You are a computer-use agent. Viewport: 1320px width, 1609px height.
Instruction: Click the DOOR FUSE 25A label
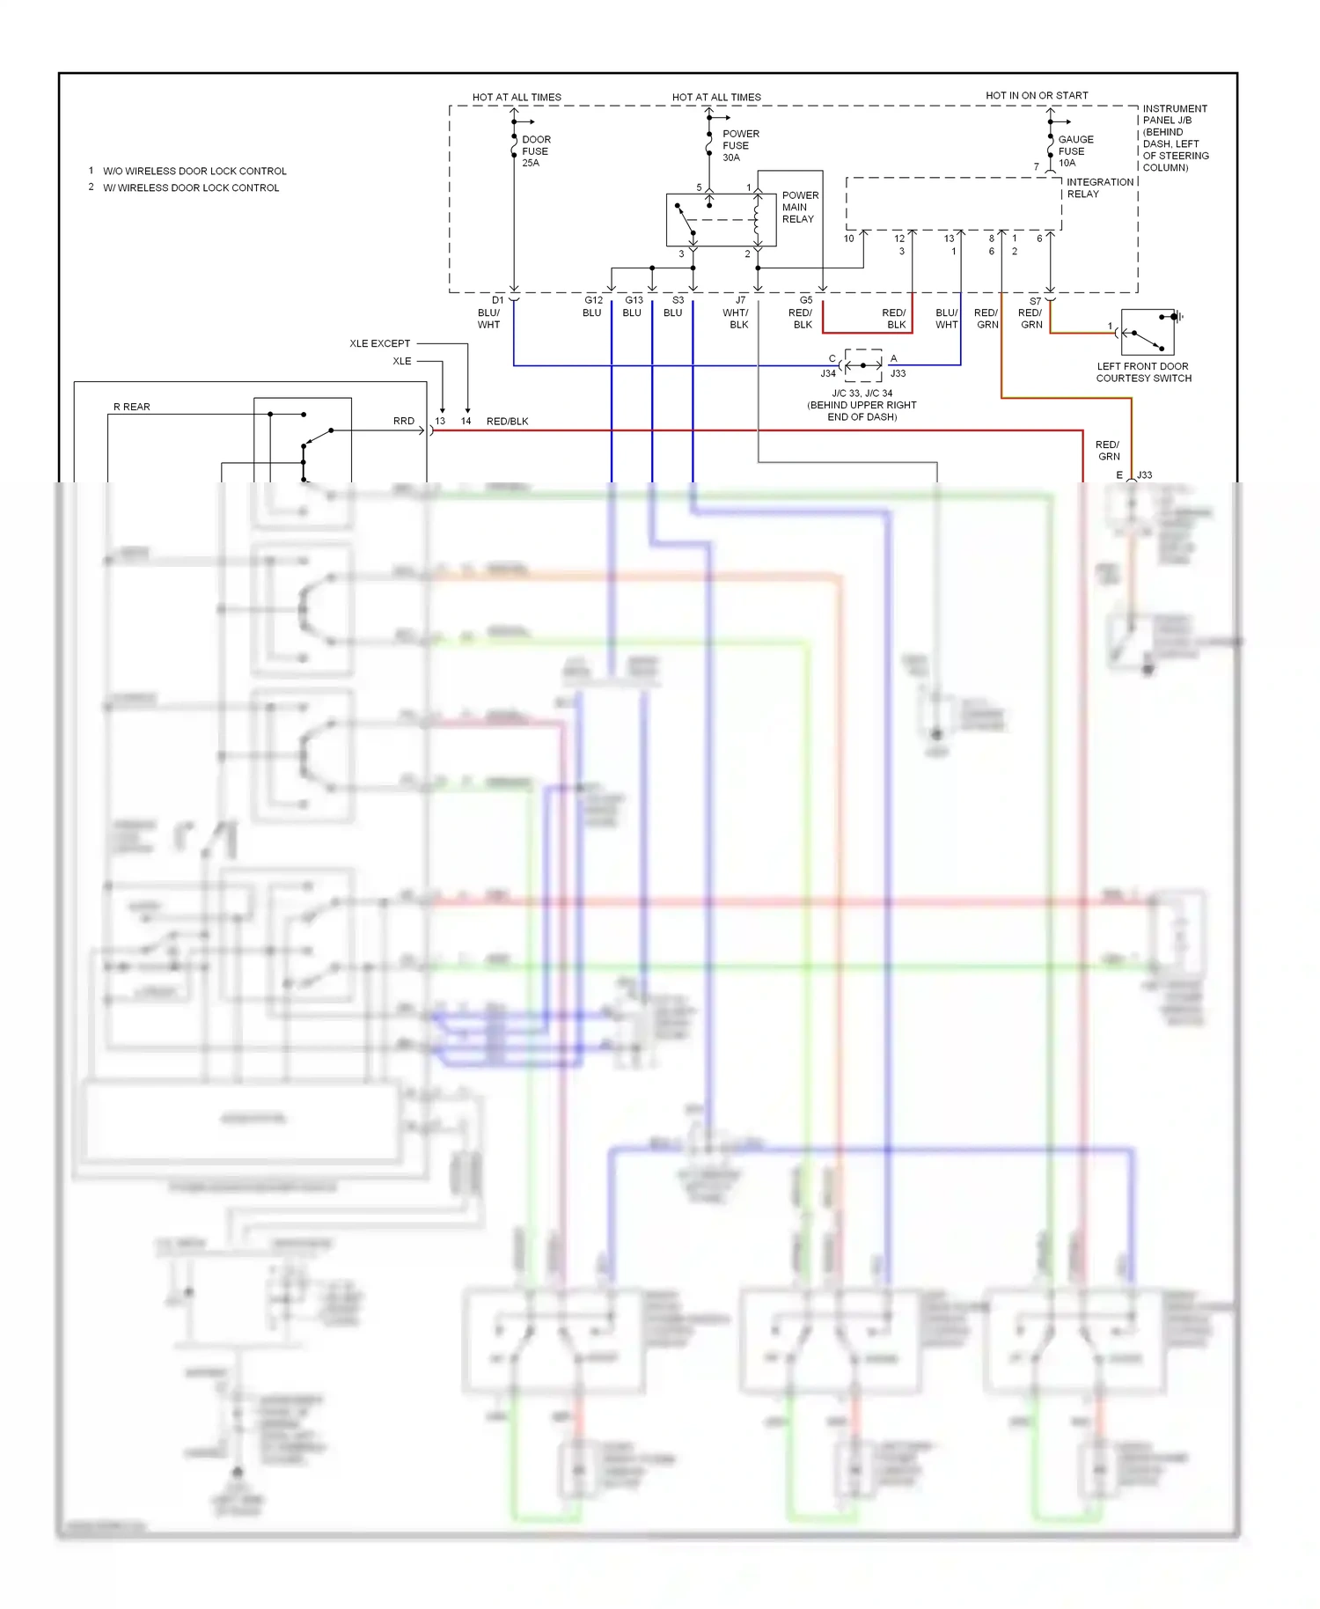[x=536, y=151]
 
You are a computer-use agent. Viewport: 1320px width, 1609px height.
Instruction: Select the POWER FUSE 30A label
[x=740, y=146]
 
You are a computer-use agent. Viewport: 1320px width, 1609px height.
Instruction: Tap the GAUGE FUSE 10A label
[x=1075, y=151]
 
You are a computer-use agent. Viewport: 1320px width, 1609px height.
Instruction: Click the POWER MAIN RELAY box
[x=721, y=220]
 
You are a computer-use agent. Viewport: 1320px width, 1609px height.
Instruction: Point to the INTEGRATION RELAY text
[x=1099, y=187]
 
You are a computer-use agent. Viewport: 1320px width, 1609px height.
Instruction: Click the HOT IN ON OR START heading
[x=1037, y=95]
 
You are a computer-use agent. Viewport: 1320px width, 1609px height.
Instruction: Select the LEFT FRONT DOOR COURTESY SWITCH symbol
[x=1148, y=333]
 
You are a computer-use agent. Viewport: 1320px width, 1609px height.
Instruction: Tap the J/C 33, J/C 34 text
[x=862, y=393]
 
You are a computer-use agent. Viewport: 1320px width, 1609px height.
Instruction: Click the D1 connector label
[x=498, y=301]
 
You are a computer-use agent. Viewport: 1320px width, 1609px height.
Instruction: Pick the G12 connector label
[x=594, y=301]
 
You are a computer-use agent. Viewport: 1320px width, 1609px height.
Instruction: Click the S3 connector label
[x=678, y=301]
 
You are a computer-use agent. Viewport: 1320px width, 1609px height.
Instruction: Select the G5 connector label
[x=806, y=301]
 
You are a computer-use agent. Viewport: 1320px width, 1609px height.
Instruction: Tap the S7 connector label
[x=1035, y=301]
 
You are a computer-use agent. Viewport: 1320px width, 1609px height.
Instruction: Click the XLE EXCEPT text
[x=379, y=343]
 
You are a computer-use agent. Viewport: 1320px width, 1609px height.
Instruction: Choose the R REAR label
[x=132, y=407]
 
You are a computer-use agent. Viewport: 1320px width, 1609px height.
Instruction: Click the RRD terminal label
[x=403, y=421]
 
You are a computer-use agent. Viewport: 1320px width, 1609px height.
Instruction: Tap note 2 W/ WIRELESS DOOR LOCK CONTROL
[x=191, y=187]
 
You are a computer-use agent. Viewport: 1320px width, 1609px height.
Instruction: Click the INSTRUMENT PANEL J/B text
[x=1174, y=114]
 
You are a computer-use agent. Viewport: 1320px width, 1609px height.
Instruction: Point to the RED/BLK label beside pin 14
[x=508, y=422]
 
